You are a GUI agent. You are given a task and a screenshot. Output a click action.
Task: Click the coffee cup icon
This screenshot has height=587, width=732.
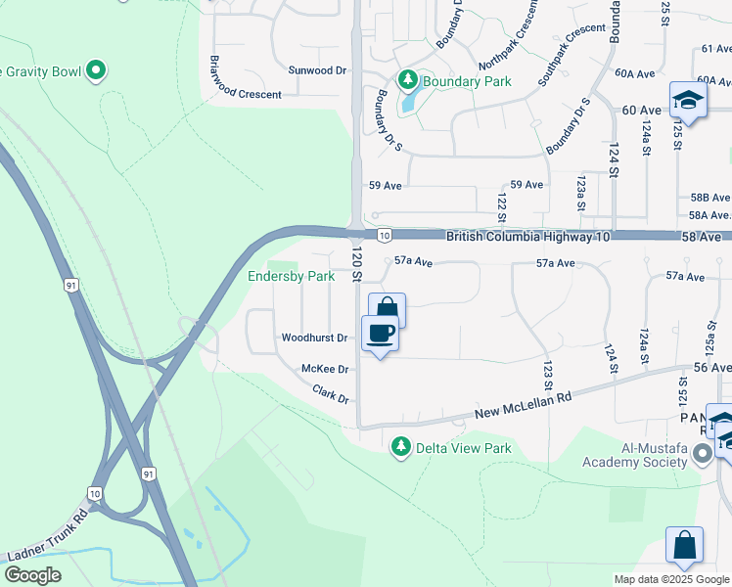coord(381,333)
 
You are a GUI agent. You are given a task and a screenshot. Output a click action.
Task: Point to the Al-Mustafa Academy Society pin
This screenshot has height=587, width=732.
coord(702,454)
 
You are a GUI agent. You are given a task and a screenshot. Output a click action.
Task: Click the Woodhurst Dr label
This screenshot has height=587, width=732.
coord(314,338)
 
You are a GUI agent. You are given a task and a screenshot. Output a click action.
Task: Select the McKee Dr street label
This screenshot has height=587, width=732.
coord(325,369)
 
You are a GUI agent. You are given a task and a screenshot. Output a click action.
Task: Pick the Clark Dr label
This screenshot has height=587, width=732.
coord(331,395)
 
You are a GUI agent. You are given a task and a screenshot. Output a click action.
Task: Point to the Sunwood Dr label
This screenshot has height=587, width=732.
coord(317,70)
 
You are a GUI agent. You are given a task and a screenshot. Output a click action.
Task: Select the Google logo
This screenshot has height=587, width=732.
coord(32,575)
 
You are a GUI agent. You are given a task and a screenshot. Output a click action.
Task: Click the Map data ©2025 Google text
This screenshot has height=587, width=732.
coord(671,579)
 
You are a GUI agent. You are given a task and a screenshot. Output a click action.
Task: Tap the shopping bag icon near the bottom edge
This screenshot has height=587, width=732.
coord(684,545)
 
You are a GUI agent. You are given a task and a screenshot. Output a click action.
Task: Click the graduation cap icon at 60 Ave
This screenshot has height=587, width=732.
coord(688,100)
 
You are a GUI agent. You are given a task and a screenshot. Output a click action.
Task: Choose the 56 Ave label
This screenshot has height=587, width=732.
coord(712,366)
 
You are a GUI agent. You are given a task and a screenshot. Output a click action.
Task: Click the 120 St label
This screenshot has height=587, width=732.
coord(357,264)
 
